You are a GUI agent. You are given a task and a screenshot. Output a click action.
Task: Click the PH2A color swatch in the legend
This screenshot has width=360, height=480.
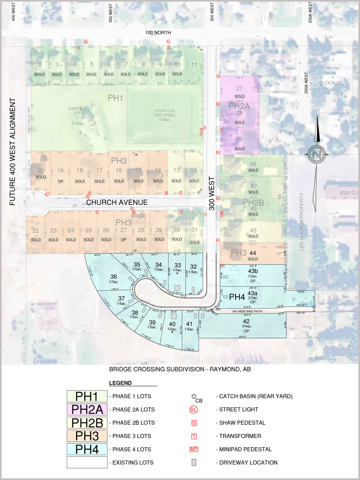pyautogui.click(x=87, y=409)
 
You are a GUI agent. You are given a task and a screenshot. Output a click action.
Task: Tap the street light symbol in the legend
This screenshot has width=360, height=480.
pyautogui.click(x=194, y=410)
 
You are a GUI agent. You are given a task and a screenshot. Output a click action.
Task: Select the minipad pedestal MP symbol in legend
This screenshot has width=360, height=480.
pyautogui.click(x=194, y=449)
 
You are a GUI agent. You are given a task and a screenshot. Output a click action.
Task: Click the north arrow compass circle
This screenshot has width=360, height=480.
pyautogui.click(x=316, y=154)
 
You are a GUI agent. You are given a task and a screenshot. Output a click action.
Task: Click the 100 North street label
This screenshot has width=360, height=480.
pyautogui.click(x=158, y=33)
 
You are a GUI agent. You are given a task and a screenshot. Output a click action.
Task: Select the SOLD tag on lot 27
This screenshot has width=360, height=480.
pyautogui.click(x=239, y=96)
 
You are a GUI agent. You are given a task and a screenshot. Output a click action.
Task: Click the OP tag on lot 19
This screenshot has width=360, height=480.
pyautogui.click(x=60, y=181)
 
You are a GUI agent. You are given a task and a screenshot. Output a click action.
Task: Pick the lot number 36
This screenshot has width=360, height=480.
pyautogui.click(x=114, y=276)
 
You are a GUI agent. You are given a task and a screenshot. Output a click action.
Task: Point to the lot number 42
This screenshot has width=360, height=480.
pyautogui.click(x=246, y=321)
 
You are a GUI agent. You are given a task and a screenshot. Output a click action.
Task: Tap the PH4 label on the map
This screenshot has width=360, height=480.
pyautogui.click(x=236, y=297)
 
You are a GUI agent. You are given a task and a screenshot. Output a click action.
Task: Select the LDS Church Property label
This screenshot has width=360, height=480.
pyautogui.click(x=302, y=222)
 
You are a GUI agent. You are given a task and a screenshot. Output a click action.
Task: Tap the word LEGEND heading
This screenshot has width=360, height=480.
pyautogui.click(x=120, y=383)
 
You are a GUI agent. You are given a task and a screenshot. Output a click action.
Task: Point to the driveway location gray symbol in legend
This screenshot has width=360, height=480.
pyautogui.click(x=194, y=462)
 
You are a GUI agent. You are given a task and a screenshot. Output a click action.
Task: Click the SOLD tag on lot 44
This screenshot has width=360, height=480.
pyautogui.click(x=252, y=259)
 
